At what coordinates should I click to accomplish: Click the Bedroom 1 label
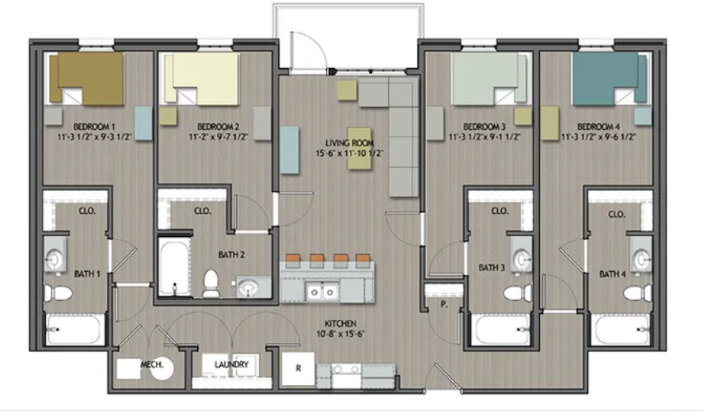pos(95,127)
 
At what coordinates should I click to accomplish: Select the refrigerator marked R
pos(298,368)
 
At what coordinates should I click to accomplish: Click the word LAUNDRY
pos(232,364)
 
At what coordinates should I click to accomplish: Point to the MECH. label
pos(152,364)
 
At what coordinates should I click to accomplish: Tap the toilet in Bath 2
pos(211,282)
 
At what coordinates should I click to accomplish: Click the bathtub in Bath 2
pos(170,269)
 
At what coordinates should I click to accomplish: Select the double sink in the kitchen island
pos(323,292)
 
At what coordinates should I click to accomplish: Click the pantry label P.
pos(445,302)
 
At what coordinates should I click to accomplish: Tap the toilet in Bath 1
pos(55,292)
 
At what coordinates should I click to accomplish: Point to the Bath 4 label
pos(614,274)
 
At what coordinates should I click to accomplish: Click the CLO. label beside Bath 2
pos(202,211)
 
